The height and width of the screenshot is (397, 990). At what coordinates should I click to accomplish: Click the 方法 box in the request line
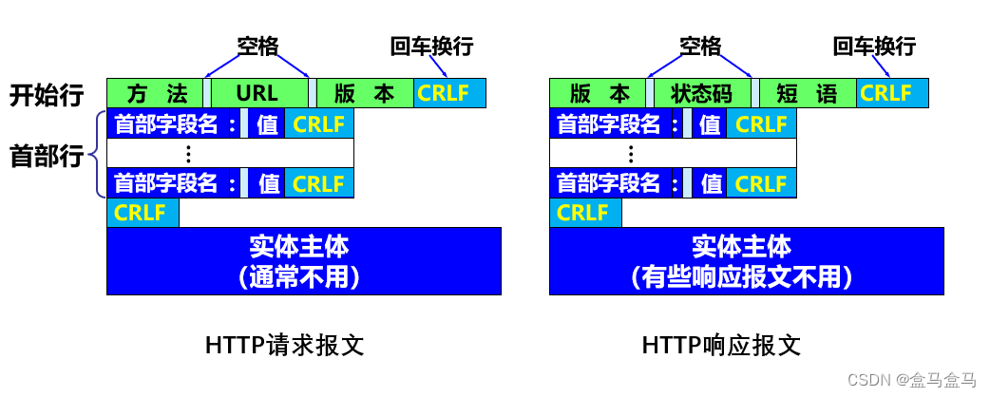154,93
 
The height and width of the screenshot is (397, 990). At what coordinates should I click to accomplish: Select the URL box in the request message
258,93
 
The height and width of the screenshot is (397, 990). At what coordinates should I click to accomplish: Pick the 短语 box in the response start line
807,93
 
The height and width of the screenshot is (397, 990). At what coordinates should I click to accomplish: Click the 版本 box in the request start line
364,93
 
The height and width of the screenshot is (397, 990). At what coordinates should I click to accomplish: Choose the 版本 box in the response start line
600,93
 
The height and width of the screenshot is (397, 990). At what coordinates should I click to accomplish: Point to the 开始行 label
47,95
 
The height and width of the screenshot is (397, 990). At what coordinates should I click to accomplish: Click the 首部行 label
47,155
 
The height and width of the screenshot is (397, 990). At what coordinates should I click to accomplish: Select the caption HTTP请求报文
284,345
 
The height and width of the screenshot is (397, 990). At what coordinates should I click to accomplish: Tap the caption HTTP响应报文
722,345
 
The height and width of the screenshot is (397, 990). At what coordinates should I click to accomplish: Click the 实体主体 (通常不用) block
304,261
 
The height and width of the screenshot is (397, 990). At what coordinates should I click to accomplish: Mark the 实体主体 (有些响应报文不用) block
747,261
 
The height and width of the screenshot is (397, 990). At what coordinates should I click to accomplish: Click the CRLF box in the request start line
449,93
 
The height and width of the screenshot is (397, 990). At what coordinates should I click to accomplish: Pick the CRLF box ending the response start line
892,93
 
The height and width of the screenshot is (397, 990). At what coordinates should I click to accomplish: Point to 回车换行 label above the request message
431,46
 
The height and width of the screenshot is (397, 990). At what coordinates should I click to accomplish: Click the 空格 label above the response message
700,46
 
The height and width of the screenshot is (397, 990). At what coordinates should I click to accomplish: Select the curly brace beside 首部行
95,155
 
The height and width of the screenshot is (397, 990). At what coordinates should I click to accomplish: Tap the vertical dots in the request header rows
188,153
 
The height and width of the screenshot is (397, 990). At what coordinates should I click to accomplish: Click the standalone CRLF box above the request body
143,213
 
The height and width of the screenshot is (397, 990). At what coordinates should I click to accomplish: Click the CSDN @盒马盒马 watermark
913,380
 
